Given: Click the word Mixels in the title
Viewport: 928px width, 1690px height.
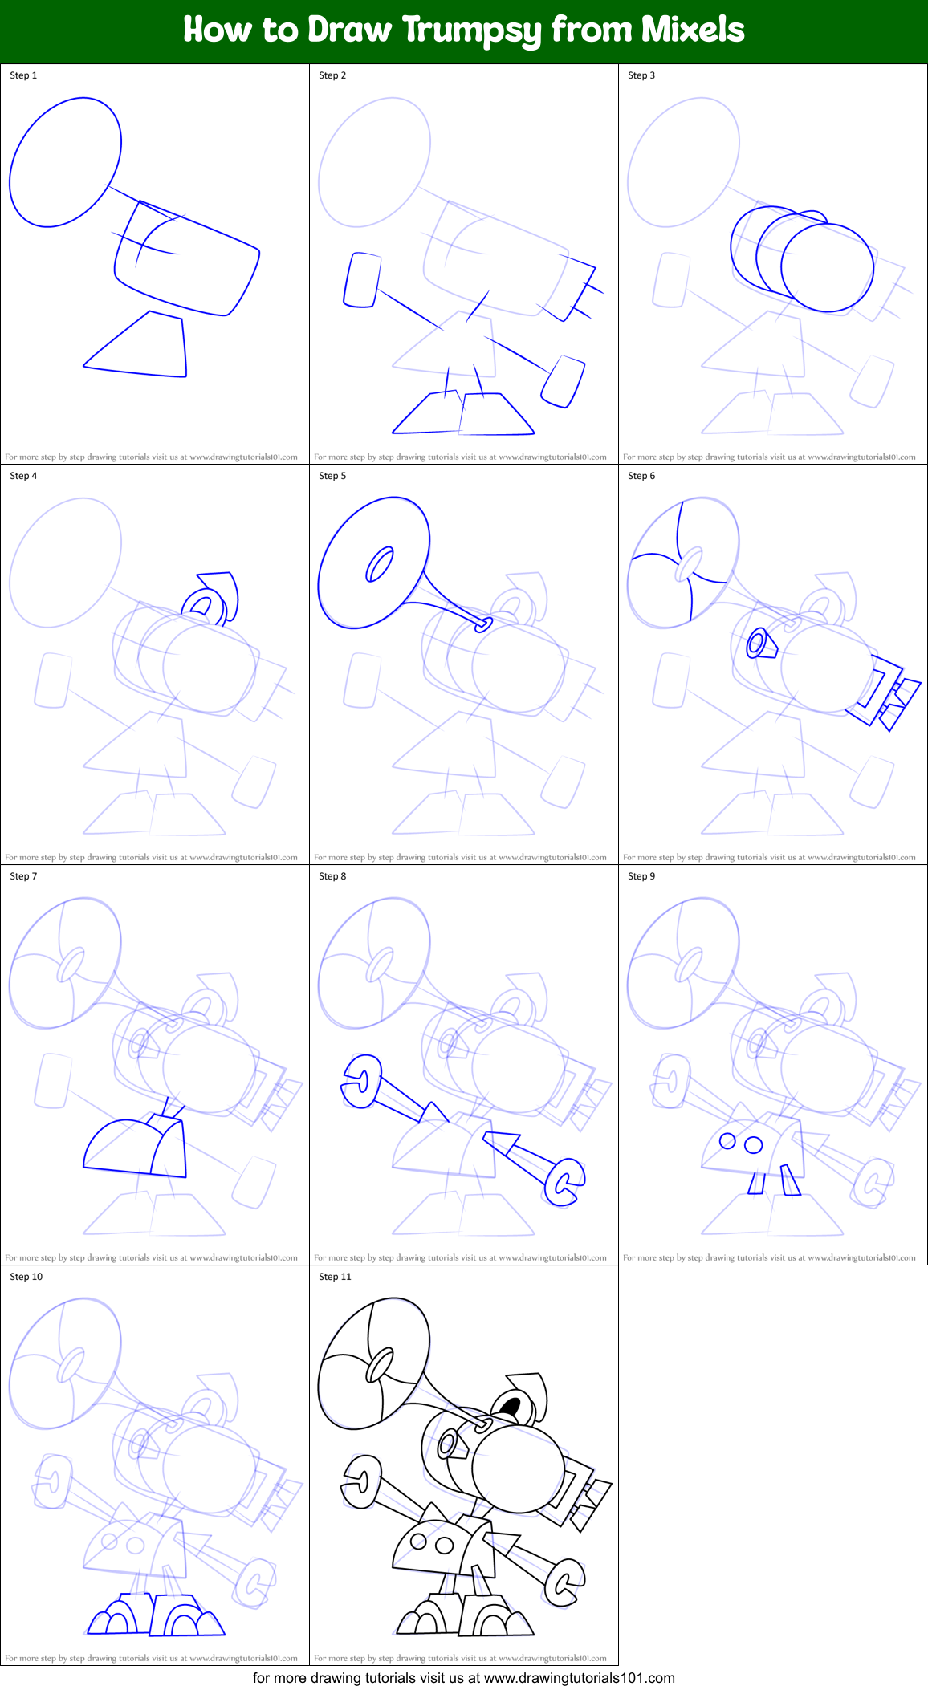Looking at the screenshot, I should [693, 30].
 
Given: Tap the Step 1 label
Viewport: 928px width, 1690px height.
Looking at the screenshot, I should [23, 75].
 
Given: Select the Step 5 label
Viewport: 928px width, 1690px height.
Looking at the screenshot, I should [332, 476].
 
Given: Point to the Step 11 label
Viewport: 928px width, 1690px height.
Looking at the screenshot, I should [335, 1277].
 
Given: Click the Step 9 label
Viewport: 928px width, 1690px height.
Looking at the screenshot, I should [641, 876].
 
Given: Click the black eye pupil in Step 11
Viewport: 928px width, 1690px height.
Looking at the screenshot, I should [510, 1405].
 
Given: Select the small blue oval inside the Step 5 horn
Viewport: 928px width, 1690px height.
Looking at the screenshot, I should [379, 564].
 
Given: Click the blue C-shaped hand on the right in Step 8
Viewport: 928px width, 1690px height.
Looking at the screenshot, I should [564, 1181].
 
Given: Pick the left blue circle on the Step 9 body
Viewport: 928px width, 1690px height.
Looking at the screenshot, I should [727, 1140].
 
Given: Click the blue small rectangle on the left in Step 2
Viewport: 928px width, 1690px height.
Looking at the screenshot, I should [360, 279].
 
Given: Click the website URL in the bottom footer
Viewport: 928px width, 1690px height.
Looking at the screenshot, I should [579, 1677].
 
